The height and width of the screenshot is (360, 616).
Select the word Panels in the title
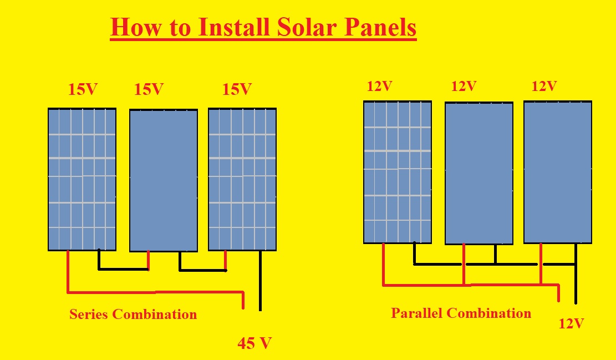click(379, 27)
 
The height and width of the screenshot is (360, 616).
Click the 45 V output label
click(254, 343)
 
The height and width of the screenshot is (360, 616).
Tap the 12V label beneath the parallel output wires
click(571, 323)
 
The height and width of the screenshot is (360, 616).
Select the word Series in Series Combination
click(89, 315)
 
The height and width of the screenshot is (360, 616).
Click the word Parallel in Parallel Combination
click(417, 313)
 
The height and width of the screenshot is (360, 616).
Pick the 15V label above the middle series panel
click(149, 89)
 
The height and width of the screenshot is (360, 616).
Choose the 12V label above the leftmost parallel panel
click(380, 87)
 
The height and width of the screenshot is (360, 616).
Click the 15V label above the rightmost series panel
click(237, 89)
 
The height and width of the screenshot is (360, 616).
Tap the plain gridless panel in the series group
click(164, 180)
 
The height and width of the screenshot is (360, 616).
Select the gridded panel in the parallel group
click(398, 172)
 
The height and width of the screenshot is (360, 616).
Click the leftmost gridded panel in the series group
click(82, 179)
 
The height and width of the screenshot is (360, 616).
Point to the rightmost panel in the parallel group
click(558, 172)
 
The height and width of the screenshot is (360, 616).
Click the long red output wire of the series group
click(155, 291)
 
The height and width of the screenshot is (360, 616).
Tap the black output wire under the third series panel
click(260, 280)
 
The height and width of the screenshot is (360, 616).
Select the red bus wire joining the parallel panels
click(471, 285)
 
